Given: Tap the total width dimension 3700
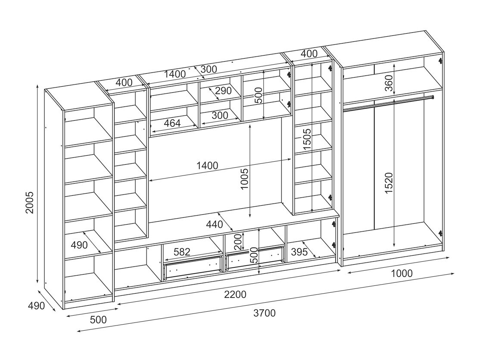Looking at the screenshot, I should tap(265, 313).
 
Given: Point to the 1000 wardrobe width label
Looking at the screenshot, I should tap(401, 273).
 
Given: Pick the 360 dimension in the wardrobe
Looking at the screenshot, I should tap(389, 83).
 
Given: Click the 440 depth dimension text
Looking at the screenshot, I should tap(215, 225).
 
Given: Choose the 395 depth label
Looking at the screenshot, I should tap(299, 252).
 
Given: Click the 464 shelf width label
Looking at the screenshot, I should tap(172, 123).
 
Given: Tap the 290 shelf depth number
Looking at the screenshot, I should tap(223, 91).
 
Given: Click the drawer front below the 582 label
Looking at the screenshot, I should tap(193, 268).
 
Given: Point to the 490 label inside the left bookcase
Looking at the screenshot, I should tap(79, 245).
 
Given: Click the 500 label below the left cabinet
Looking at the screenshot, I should tap(98, 320).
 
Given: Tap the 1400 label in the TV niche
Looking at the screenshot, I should tap(207, 165).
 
